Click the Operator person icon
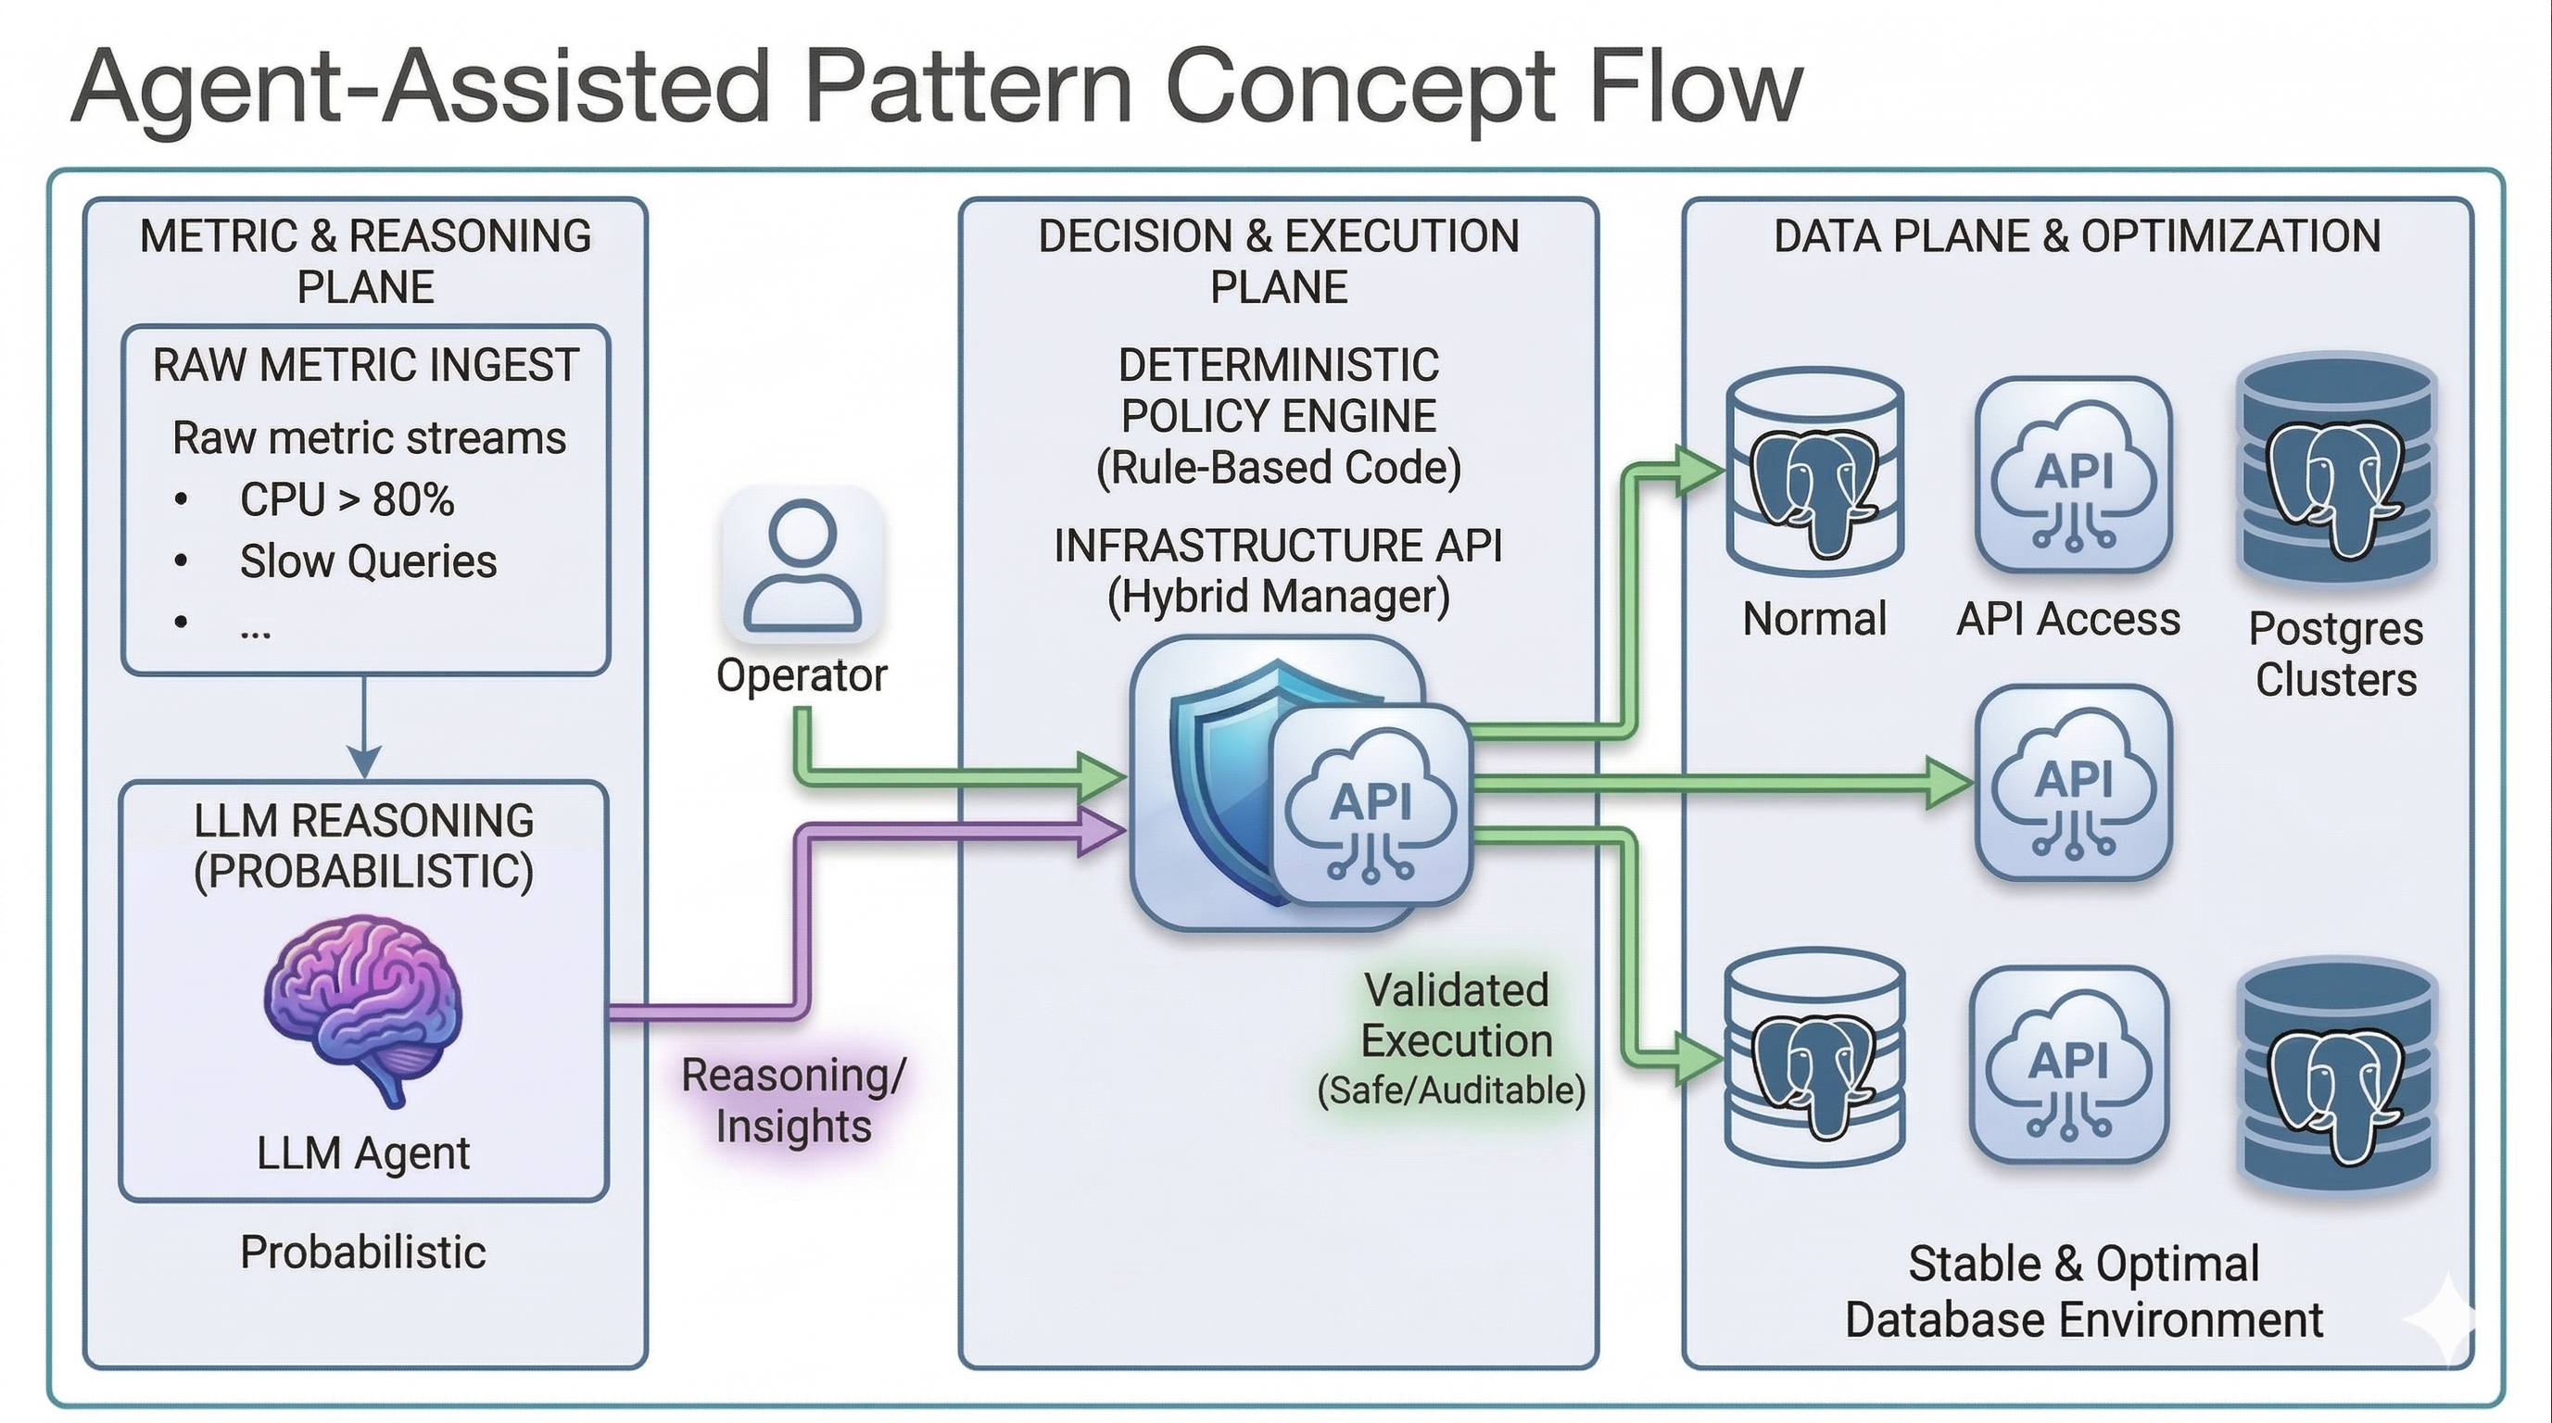(802, 564)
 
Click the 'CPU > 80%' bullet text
(347, 500)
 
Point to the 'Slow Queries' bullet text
(368, 561)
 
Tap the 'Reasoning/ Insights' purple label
(793, 1101)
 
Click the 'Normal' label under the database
(1814, 620)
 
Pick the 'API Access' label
(2068, 620)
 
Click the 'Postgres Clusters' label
(2336, 653)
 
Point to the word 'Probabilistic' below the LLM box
(362, 1253)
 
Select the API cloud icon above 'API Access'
(2074, 475)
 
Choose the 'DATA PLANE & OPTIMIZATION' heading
(2077, 236)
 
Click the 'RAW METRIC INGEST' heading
(365, 365)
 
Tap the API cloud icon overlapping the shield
(1371, 804)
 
